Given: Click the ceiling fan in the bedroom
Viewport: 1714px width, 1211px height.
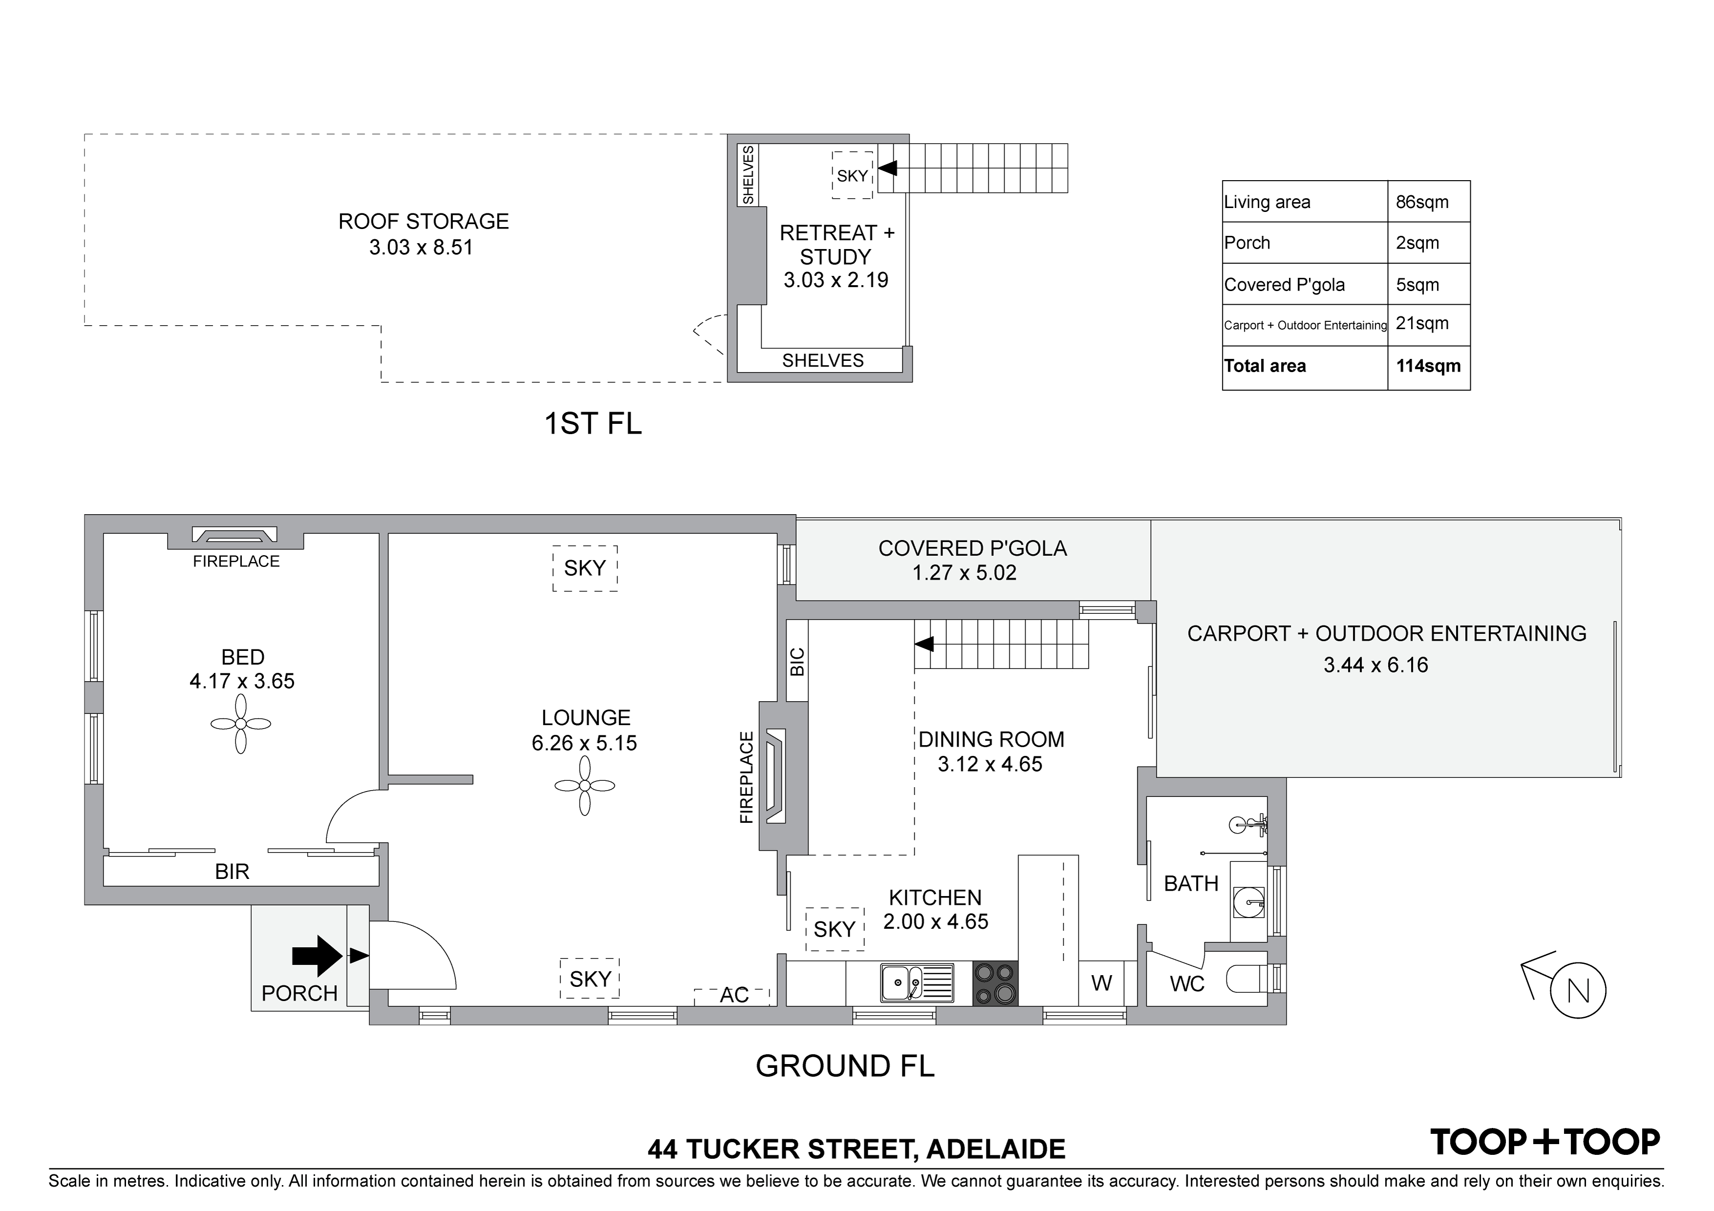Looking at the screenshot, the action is (240, 724).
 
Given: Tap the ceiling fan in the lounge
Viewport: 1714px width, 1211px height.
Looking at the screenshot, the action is (584, 786).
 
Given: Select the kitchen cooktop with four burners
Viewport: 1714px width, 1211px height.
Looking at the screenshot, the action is (995, 982).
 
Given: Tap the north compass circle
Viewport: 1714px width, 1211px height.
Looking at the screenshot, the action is (1578, 992).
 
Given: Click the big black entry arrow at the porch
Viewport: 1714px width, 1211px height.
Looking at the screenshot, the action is (317, 956).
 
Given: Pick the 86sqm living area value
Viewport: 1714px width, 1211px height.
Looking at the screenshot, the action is (1422, 202).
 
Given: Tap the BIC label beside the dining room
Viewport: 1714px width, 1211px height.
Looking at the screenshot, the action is (797, 662).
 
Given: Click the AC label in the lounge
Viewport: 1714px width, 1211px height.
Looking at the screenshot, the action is (734, 995).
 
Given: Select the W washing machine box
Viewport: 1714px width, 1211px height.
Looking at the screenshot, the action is (1102, 982).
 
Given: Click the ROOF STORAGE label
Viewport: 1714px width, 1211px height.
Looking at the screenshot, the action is (423, 222).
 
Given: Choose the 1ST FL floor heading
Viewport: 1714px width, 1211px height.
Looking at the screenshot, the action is (593, 424).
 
